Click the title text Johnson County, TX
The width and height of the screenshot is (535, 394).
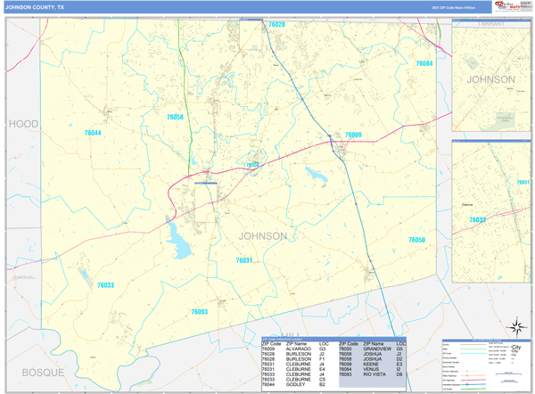pyautogui.click(x=35, y=7)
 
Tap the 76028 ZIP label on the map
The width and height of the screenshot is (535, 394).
pyautogui.click(x=276, y=25)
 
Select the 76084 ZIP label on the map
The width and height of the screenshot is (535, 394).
pyautogui.click(x=424, y=63)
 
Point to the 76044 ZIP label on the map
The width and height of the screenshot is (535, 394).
pyautogui.click(x=93, y=133)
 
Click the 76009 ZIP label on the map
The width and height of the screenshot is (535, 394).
pyautogui.click(x=353, y=135)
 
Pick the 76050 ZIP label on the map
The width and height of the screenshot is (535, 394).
pyautogui.click(x=416, y=240)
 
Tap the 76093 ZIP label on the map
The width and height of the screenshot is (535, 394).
pyautogui.click(x=199, y=312)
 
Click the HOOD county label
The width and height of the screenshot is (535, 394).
pyautogui.click(x=24, y=124)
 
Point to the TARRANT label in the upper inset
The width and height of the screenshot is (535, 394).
pyautogui.click(x=491, y=25)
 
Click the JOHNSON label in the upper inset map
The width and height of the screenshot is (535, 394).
pyautogui.click(x=491, y=79)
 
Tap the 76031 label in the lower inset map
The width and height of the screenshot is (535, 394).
pyautogui.click(x=523, y=183)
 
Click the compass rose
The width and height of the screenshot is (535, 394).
pyautogui.click(x=515, y=328)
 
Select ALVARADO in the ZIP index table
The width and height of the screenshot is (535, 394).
pyautogui.click(x=299, y=349)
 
